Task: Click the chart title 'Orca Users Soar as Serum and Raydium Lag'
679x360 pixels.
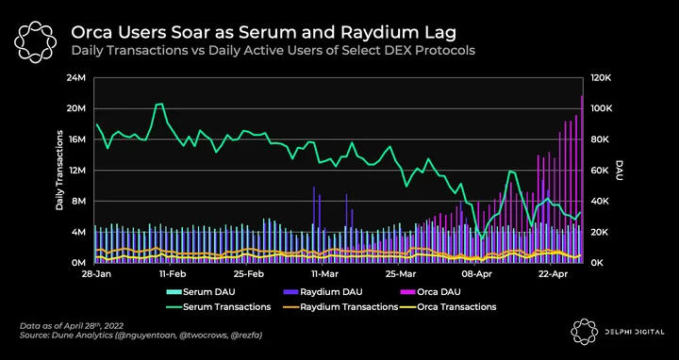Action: click(x=263, y=32)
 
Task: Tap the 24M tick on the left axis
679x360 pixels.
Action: click(x=78, y=78)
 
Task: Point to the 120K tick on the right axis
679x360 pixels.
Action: click(x=601, y=78)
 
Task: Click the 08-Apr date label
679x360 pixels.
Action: click(x=474, y=274)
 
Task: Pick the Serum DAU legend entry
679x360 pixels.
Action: click(x=201, y=291)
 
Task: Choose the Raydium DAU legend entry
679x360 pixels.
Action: click(x=323, y=291)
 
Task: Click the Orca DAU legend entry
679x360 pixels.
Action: click(x=430, y=291)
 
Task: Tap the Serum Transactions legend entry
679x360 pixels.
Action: click(x=219, y=307)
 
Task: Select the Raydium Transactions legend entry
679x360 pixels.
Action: click(x=340, y=307)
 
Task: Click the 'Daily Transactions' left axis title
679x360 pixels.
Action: click(x=59, y=170)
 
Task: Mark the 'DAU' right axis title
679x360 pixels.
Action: click(x=619, y=170)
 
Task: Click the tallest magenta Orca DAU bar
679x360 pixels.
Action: click(x=582, y=179)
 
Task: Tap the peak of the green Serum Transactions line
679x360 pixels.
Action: click(x=159, y=104)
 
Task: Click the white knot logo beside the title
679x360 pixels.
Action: click(x=35, y=41)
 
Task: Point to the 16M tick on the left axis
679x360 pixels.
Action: click(x=78, y=139)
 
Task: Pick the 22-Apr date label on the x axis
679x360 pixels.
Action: click(x=550, y=274)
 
